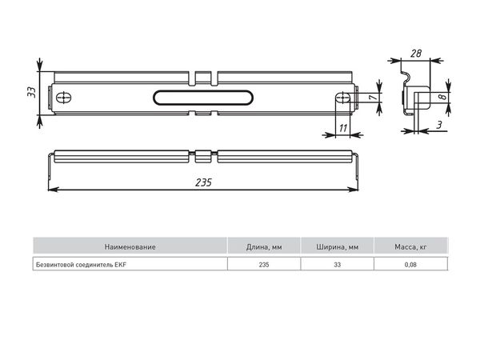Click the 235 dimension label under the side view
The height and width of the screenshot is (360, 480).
click(x=203, y=182)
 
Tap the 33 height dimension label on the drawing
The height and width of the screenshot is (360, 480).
click(x=31, y=93)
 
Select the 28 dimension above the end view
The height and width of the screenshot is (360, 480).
click(x=416, y=54)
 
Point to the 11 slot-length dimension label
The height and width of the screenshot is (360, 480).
click(x=343, y=128)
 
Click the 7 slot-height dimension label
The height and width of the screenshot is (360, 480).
click(x=373, y=98)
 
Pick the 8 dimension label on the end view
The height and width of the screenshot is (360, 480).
click(x=442, y=97)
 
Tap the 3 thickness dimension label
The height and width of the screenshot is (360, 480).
click(x=439, y=125)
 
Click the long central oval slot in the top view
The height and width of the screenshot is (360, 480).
click(x=203, y=98)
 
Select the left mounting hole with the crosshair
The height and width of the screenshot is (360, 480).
click(x=64, y=98)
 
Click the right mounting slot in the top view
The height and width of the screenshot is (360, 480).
click(x=343, y=98)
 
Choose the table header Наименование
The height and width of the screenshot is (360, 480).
click(x=130, y=246)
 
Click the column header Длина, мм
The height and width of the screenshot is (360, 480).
click(x=264, y=247)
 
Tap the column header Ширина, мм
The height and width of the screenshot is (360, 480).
click(x=338, y=247)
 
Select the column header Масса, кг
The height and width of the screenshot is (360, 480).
click(x=410, y=247)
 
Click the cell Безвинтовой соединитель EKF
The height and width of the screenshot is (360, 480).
click(x=81, y=265)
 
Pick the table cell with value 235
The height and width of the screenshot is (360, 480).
click(x=264, y=265)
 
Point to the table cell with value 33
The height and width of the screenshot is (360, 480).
click(x=338, y=265)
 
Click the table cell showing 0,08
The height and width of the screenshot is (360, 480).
click(x=410, y=265)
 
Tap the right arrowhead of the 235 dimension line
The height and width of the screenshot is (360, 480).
click(x=354, y=190)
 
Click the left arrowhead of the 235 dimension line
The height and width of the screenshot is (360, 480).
click(x=53, y=190)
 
